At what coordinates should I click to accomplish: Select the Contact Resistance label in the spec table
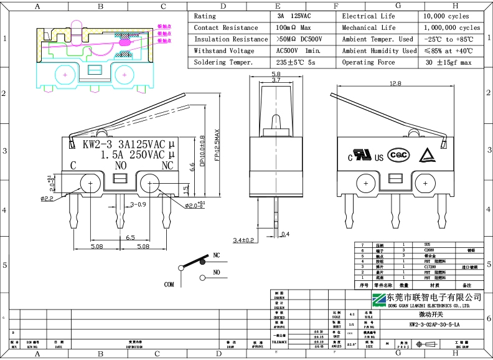(225, 28)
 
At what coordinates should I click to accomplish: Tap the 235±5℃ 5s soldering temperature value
(296, 62)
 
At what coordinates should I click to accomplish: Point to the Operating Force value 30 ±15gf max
(448, 62)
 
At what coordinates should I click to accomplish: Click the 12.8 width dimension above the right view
(395, 83)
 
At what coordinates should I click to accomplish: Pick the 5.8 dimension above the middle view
(276, 74)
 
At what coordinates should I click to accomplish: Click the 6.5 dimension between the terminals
(131, 237)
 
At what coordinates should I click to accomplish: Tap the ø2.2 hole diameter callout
(47, 199)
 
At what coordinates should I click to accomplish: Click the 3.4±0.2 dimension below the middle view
(243, 240)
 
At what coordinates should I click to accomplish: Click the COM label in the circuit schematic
(169, 284)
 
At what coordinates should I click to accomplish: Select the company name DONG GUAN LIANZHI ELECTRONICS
(428, 306)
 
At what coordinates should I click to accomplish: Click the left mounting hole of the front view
(91, 184)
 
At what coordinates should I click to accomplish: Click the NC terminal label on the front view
(167, 166)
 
